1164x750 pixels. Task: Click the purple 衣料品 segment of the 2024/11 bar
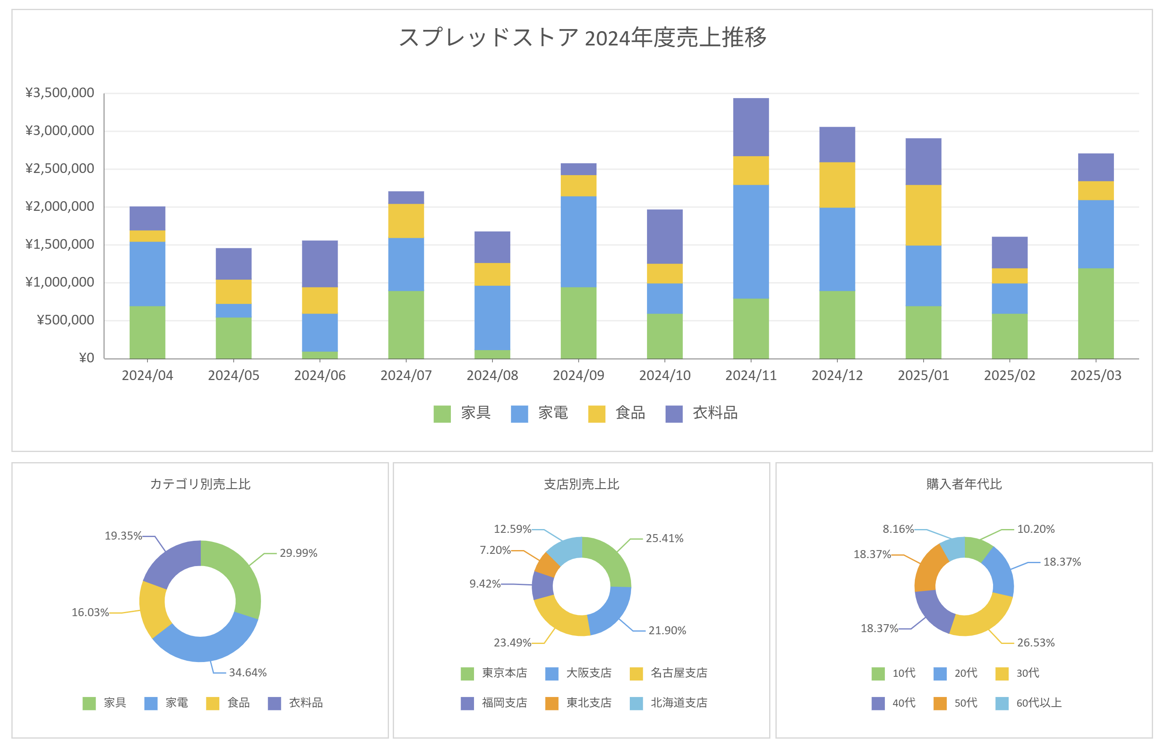click(x=751, y=127)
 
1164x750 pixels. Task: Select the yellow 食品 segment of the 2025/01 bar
click(x=923, y=215)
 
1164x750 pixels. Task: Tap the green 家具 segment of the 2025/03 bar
click(x=1095, y=314)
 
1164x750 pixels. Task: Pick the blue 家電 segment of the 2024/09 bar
click(x=578, y=242)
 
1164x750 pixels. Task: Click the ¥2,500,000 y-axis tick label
click(x=59, y=168)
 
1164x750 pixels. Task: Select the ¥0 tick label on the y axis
click(x=86, y=358)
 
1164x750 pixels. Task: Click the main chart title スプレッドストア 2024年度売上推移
click(x=583, y=37)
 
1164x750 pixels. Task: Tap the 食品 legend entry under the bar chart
click(x=617, y=413)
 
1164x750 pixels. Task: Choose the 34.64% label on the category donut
click(x=248, y=673)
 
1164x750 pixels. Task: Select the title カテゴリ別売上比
click(x=200, y=484)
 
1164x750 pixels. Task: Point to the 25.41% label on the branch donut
click(x=664, y=538)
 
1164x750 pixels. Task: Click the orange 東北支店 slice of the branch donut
click(x=547, y=564)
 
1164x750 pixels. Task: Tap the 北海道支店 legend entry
click(x=668, y=703)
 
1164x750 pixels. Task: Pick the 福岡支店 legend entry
click(x=494, y=703)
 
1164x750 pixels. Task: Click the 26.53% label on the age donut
click(x=1036, y=643)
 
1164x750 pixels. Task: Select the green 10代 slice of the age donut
click(x=977, y=549)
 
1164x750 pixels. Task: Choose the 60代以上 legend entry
click(x=1028, y=703)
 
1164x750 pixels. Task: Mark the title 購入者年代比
click(x=964, y=484)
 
